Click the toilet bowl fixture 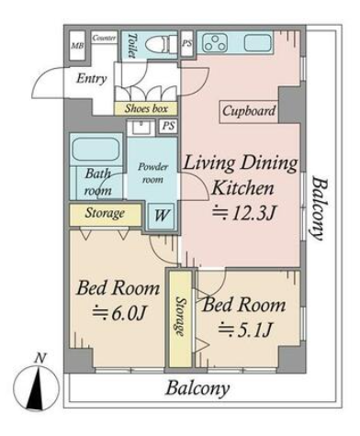click(161, 44)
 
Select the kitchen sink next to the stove click(258, 43)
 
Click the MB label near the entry click(77, 46)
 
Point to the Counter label click(105, 38)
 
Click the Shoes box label click(146, 108)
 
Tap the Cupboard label click(249, 111)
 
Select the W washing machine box click(161, 215)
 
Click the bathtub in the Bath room click(96, 149)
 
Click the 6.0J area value click(118, 313)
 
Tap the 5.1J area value click(245, 330)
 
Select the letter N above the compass click(40, 358)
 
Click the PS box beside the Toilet click(187, 43)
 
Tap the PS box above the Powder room click(168, 126)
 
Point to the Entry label click(91, 78)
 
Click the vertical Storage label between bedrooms click(181, 317)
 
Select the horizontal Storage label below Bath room click(105, 213)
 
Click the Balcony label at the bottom click(197, 389)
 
